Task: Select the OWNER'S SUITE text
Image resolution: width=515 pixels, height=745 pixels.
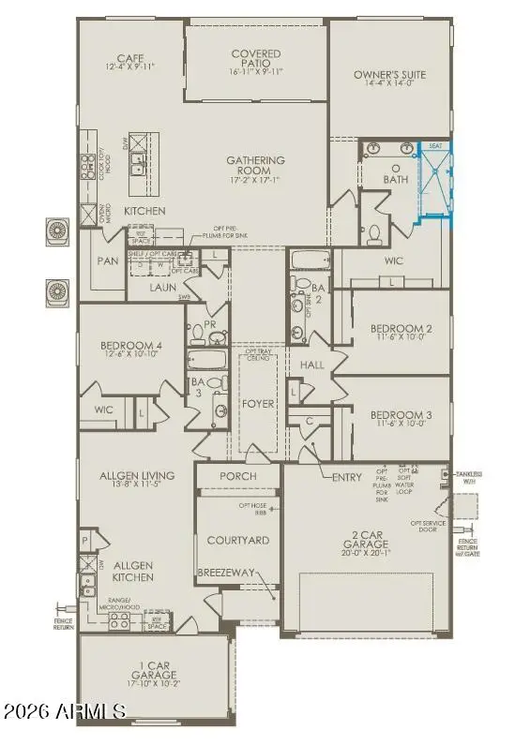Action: click(389, 75)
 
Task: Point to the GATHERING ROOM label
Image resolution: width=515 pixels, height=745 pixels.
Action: click(254, 166)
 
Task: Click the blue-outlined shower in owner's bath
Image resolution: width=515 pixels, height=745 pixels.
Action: click(435, 184)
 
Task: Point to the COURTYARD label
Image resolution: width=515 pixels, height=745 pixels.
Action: click(238, 540)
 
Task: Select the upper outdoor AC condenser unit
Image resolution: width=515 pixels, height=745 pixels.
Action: click(56, 230)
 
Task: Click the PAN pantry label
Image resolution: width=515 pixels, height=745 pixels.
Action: click(108, 261)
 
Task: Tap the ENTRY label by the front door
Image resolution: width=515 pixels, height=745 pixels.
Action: click(347, 477)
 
